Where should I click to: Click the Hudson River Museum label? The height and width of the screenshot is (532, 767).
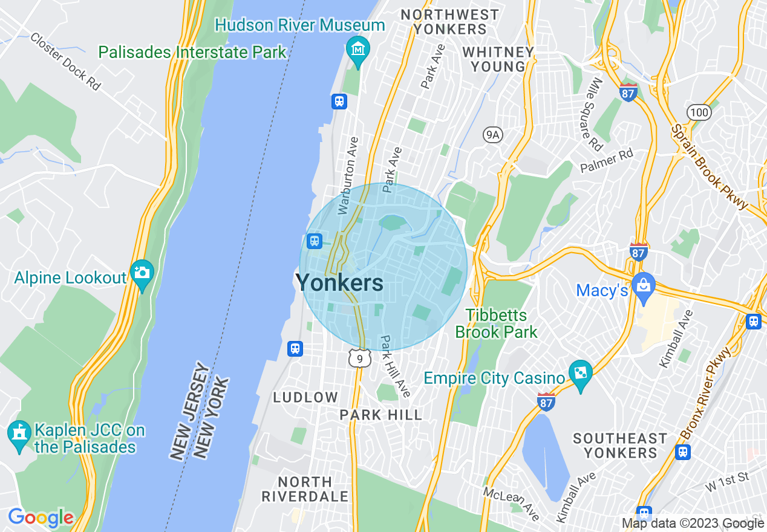point(300,25)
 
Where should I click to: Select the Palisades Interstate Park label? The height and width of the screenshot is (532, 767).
point(192,52)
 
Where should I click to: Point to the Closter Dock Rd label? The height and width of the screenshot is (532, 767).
point(65,61)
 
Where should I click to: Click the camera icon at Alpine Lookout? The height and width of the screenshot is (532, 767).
point(142,272)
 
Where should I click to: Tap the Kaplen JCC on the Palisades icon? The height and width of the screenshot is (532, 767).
point(19,433)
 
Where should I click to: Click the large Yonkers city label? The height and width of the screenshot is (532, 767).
point(339,282)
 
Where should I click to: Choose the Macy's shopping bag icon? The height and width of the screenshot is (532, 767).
point(643,284)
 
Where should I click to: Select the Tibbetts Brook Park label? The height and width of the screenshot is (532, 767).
point(496,323)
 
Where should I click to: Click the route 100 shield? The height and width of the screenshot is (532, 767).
point(698,111)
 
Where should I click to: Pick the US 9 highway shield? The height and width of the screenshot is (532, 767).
point(359,359)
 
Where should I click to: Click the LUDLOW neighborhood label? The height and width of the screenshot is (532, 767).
point(305,397)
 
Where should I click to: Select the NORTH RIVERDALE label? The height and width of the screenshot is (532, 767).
point(305,489)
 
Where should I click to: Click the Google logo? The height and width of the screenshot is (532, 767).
point(41,517)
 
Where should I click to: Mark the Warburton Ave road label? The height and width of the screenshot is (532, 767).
point(349,175)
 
